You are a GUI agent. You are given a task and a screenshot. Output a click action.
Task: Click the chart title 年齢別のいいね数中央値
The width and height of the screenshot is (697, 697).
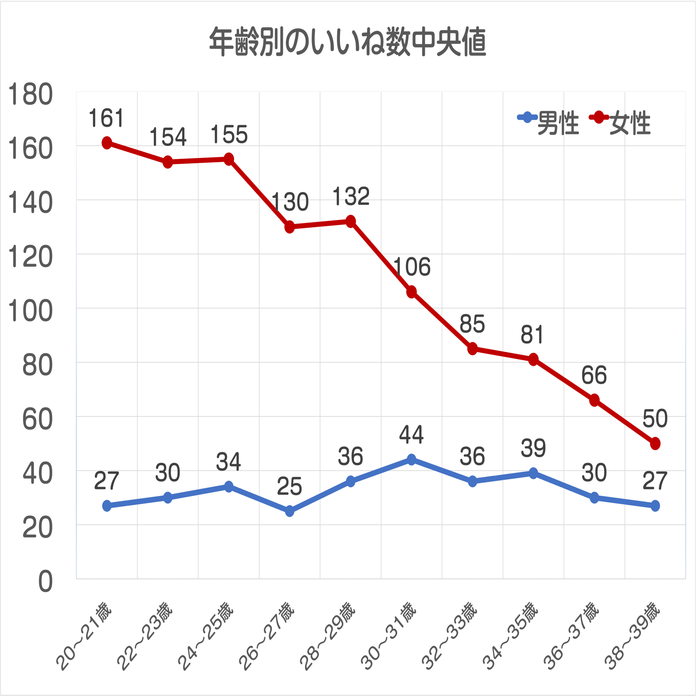point(348,42)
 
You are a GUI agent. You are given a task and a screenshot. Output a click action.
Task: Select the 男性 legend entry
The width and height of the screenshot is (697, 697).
point(548,123)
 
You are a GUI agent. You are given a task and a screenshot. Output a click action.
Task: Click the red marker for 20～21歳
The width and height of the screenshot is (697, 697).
point(107,143)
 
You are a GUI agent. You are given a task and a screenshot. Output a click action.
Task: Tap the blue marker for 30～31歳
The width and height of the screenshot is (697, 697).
point(411,459)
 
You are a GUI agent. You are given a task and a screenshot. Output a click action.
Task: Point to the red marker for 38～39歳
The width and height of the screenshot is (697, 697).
point(655,443)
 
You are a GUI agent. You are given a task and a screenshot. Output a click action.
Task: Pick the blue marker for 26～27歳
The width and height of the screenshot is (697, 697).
point(289,511)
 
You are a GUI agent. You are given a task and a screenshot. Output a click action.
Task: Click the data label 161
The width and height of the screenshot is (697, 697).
point(106,118)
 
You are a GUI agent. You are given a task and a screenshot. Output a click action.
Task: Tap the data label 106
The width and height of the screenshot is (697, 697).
point(412,267)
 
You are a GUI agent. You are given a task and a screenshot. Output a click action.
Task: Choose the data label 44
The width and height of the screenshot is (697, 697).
point(411,435)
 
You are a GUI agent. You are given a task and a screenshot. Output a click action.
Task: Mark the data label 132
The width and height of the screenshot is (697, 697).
point(351,197)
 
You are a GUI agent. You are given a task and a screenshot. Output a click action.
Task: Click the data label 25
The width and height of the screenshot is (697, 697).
point(289,486)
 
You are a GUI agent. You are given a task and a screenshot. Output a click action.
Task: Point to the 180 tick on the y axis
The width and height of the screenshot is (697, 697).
point(30,95)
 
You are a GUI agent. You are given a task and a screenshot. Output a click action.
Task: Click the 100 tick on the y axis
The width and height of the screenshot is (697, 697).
point(30,311)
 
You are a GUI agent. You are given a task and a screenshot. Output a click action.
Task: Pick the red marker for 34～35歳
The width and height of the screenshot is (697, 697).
point(534,359)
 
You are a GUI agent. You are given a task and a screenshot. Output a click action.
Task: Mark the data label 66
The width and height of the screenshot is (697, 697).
point(594,376)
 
